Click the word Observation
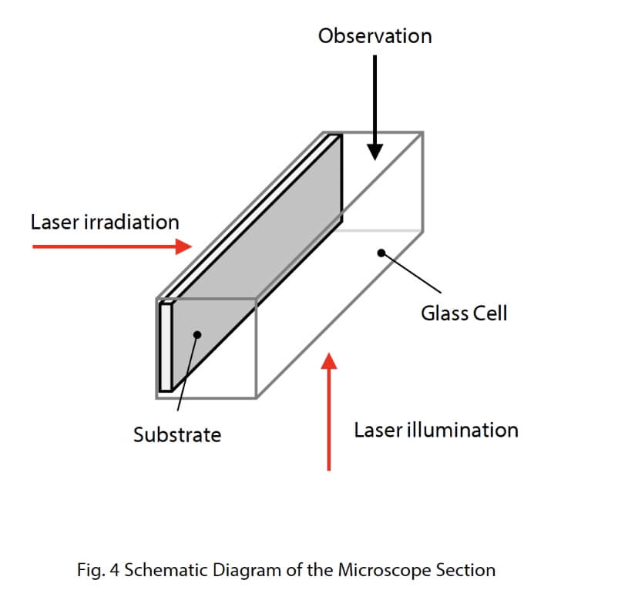click(374, 36)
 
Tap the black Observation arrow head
click(374, 152)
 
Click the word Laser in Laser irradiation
click(52, 223)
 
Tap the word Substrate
click(177, 435)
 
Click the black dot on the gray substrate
click(198, 334)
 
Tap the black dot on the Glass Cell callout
click(380, 252)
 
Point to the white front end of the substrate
click(165, 347)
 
